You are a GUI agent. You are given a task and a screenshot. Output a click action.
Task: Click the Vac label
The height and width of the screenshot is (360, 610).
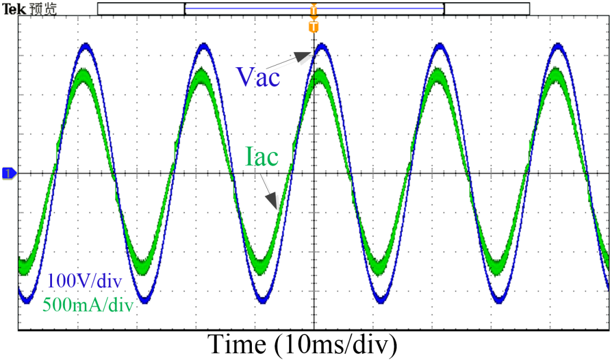258,76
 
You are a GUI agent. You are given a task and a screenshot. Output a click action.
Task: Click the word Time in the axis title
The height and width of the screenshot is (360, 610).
237,344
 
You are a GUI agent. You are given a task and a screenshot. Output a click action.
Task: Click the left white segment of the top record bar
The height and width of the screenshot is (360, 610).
141,8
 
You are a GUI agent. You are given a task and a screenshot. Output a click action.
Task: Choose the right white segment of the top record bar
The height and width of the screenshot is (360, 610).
487,8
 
